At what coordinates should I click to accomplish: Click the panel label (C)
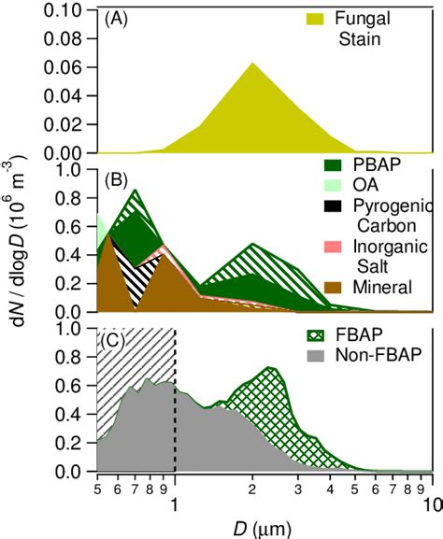point(115,338)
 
